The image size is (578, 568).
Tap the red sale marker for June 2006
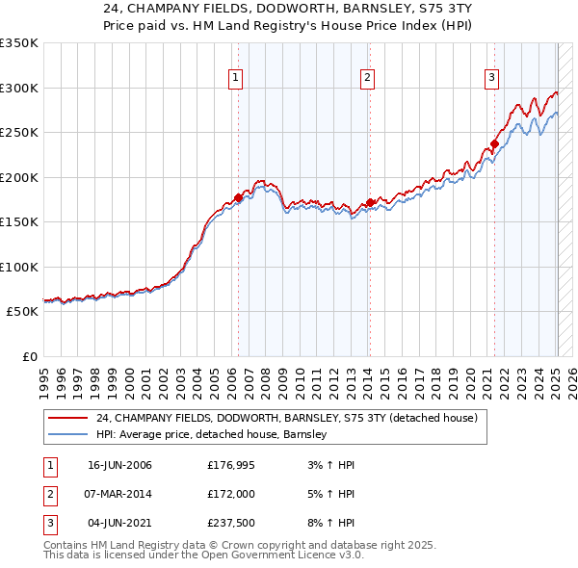click(239, 197)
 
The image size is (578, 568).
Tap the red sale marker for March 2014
click(370, 202)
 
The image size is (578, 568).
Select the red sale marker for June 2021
click(494, 144)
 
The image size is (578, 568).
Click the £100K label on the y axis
click(19, 267)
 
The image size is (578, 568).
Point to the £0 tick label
click(29, 356)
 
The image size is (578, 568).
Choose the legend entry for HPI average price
click(212, 435)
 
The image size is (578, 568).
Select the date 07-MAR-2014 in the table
click(119, 494)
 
